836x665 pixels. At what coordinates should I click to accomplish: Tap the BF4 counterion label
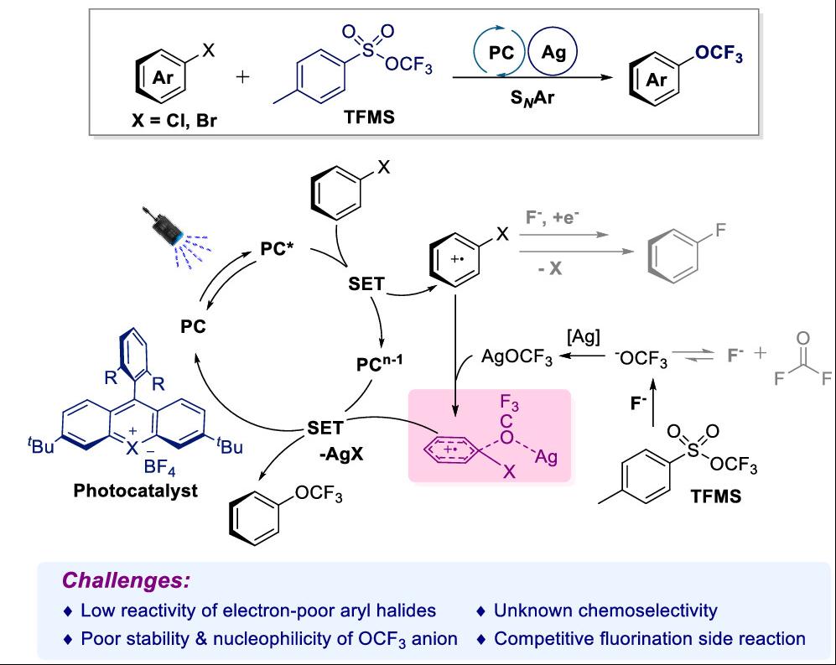[x=159, y=468]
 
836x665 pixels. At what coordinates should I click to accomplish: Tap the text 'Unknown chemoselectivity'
[x=605, y=610]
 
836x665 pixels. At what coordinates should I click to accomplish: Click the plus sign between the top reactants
[x=243, y=77]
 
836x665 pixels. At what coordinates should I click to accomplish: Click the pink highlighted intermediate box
[x=489, y=435]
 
